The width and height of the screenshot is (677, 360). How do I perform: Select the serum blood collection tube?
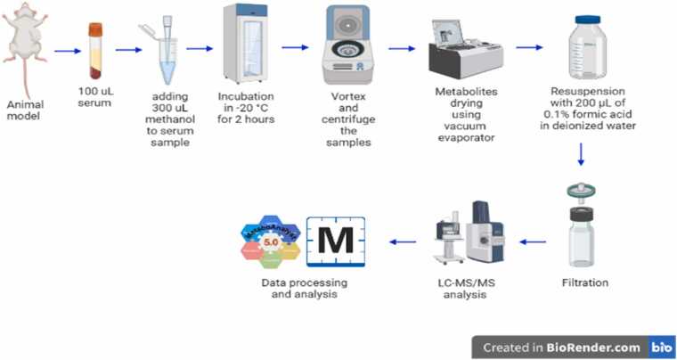tap(96, 52)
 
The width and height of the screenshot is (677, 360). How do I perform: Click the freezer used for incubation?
tap(246, 44)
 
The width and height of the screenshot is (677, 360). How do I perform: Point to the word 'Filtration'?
tap(585, 283)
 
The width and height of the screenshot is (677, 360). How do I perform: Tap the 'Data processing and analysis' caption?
tap(305, 289)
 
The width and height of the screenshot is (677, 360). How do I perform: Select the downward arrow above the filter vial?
tap(580, 155)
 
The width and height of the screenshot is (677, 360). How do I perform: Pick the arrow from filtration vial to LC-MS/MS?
tap(534, 241)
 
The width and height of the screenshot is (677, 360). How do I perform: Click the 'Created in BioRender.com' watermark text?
tap(561, 347)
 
